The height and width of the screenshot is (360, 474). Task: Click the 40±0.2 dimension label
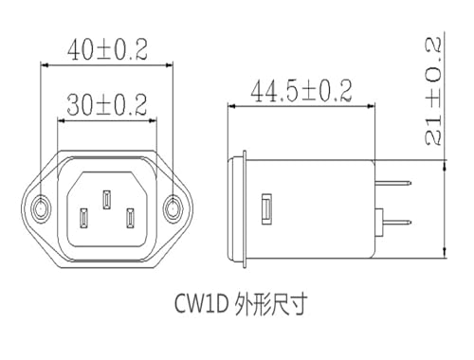(x=107, y=50)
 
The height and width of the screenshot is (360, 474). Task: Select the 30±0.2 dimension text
(x=107, y=104)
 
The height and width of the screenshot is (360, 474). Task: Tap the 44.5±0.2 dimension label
(x=301, y=91)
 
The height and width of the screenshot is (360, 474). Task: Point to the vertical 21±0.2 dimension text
(x=432, y=91)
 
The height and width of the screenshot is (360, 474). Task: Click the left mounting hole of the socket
(x=41, y=208)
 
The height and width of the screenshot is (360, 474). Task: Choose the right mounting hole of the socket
(x=173, y=208)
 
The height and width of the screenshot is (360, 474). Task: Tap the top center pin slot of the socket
(x=107, y=199)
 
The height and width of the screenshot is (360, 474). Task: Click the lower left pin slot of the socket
(x=83, y=218)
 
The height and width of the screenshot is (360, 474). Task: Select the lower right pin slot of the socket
(x=130, y=218)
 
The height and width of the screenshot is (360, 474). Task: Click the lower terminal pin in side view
(x=397, y=222)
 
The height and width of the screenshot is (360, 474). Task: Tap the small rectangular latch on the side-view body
(x=266, y=209)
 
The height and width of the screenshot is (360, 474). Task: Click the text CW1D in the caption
(x=202, y=304)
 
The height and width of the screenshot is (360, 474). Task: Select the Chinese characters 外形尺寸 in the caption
(x=270, y=304)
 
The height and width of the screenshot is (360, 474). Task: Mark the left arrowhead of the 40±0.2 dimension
(x=45, y=65)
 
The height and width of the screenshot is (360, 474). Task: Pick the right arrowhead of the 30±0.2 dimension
(x=153, y=120)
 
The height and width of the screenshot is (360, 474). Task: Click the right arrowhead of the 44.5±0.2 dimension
(x=371, y=106)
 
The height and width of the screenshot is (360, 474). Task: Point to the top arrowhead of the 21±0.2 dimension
(x=445, y=164)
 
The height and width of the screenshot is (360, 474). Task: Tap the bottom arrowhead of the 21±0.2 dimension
(x=445, y=254)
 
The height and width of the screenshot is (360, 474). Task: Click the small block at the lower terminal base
(x=378, y=223)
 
